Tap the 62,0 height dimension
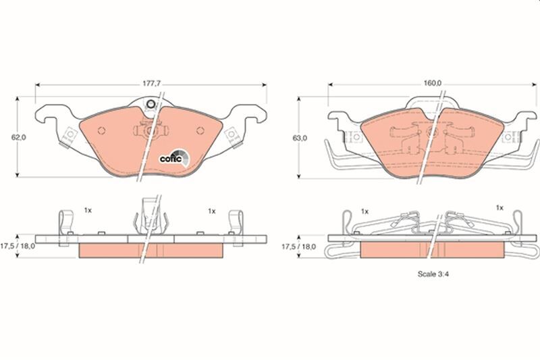[18, 137]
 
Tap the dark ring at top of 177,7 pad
[151, 105]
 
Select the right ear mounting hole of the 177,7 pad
[233, 135]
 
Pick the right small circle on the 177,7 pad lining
[198, 130]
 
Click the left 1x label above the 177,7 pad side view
[88, 211]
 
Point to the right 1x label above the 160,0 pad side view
[500, 208]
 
